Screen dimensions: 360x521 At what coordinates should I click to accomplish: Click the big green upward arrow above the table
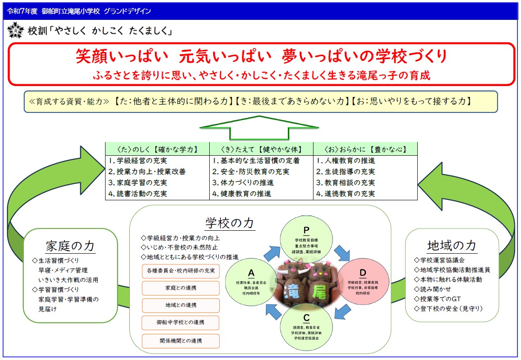pos(259,128)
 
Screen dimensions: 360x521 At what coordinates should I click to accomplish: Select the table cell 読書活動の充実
pos(138,193)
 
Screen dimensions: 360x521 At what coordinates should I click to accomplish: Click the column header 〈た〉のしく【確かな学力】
pos(157,149)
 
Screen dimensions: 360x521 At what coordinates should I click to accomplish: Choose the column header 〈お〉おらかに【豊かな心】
pos(365,149)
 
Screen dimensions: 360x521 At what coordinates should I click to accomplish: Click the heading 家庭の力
pos(70,246)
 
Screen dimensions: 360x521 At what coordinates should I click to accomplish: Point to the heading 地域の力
pos(452,246)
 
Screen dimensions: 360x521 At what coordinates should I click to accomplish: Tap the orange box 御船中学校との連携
pos(181,322)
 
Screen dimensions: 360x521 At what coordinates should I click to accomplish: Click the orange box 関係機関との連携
pos(181,341)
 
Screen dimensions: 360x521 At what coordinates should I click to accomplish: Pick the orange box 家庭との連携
pos(181,288)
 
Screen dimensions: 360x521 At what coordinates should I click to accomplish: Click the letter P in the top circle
pos(306,230)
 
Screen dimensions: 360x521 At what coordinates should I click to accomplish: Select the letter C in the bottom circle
pos(306,318)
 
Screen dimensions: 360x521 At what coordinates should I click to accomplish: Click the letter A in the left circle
pos(251,272)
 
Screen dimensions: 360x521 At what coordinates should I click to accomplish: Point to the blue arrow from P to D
pos(341,253)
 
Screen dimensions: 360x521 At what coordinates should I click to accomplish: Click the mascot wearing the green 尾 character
pos(318,285)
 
